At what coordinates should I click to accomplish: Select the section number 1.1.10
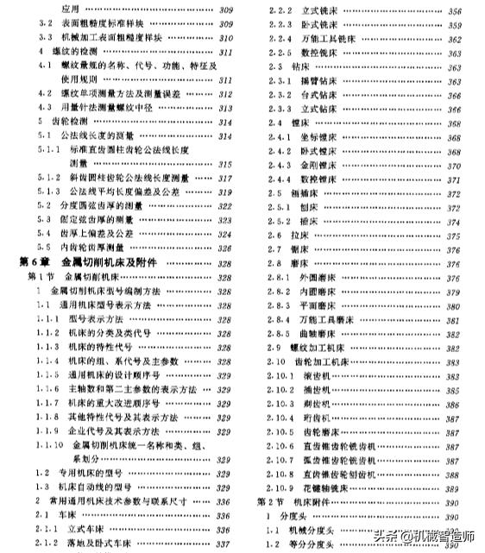pos(52,445)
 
